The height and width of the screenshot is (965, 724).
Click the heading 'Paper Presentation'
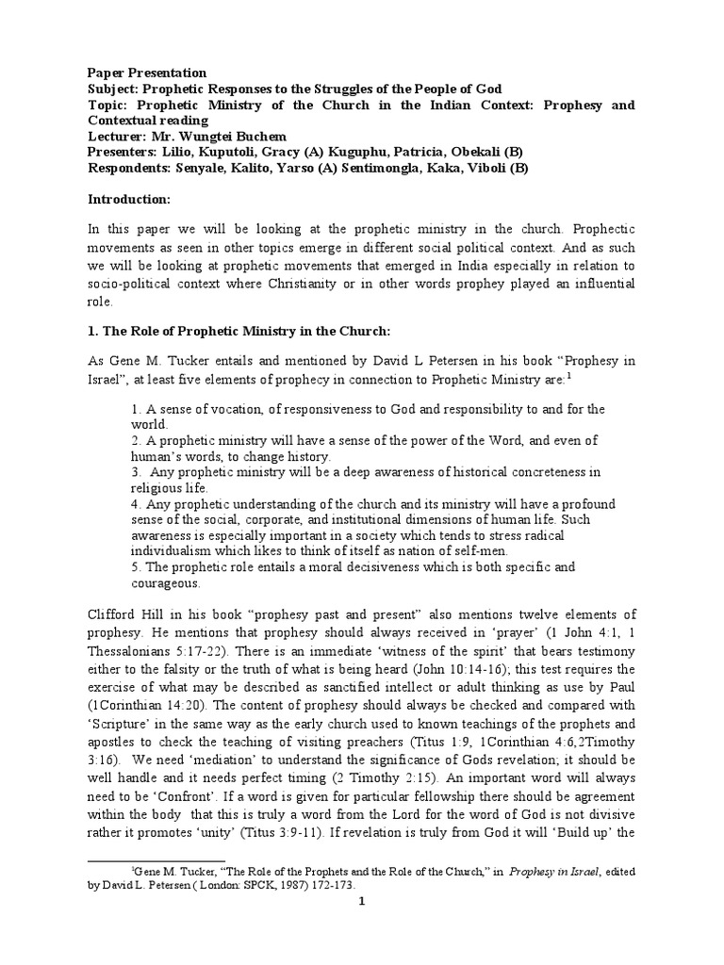[147, 74]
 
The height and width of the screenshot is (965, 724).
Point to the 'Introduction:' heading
[130, 199]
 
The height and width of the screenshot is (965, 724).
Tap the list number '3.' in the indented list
[137, 471]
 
